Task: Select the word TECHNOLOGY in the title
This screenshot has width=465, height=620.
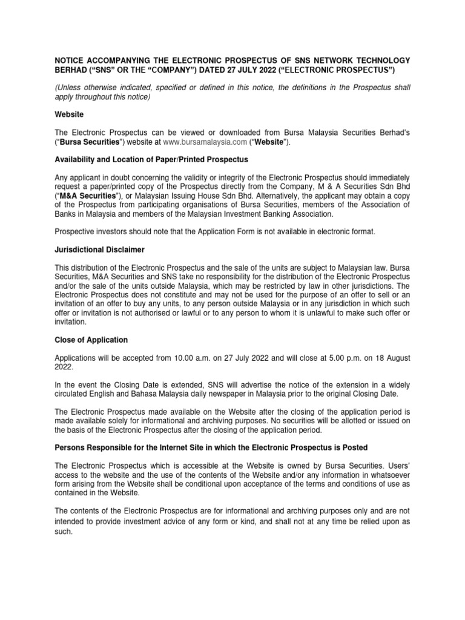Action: (x=380, y=61)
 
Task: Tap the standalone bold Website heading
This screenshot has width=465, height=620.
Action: (x=70, y=114)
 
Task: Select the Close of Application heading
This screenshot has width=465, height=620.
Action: (x=91, y=340)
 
